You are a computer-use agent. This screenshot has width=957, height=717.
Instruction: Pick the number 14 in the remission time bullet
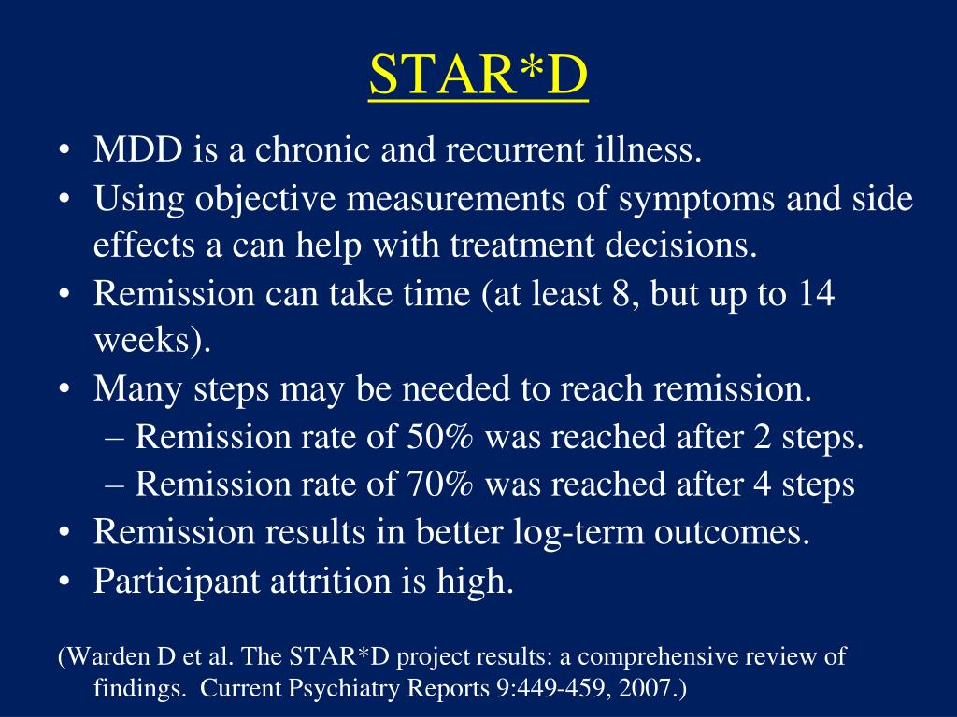coord(817,295)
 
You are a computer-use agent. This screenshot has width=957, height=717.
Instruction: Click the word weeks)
coord(152,342)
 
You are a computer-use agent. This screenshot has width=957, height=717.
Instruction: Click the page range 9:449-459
coord(544,689)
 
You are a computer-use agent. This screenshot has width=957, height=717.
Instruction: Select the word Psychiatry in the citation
coord(357,689)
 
